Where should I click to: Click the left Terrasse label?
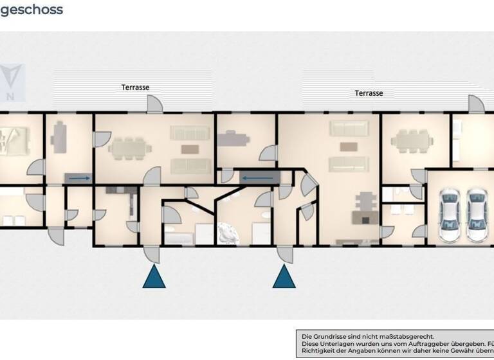click(136, 87)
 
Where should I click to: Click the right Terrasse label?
click(369, 93)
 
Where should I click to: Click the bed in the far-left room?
click(12, 140)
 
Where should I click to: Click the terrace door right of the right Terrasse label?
click(475, 105)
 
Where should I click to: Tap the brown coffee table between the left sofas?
click(190, 149)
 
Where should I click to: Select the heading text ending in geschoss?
click(32, 10)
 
